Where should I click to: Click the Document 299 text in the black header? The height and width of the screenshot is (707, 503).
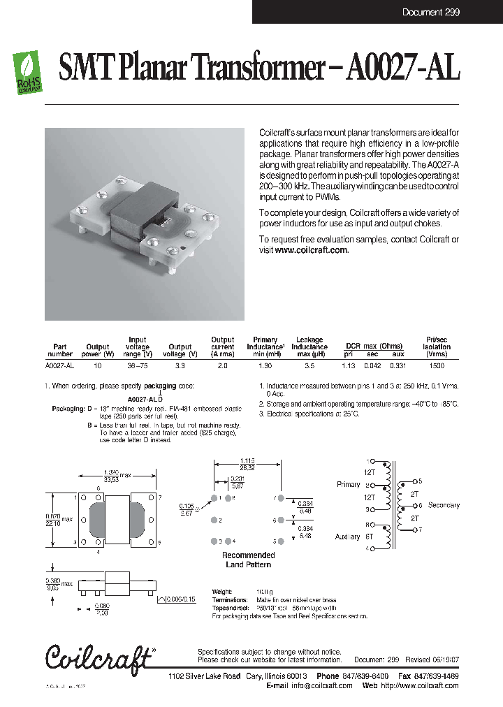click(430, 13)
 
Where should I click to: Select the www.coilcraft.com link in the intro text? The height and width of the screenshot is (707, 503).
click(312, 250)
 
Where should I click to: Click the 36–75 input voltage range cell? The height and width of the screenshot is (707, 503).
click(137, 365)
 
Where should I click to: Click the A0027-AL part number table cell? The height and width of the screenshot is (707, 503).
click(59, 365)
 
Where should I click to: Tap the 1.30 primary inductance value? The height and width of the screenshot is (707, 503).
click(265, 365)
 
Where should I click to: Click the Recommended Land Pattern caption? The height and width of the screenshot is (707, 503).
click(248, 560)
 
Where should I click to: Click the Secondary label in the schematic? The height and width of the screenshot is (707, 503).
click(444, 505)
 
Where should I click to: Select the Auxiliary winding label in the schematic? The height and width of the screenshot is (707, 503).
click(347, 537)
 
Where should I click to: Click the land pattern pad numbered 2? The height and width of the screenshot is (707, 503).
click(212, 520)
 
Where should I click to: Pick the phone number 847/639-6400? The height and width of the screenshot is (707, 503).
click(365, 676)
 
